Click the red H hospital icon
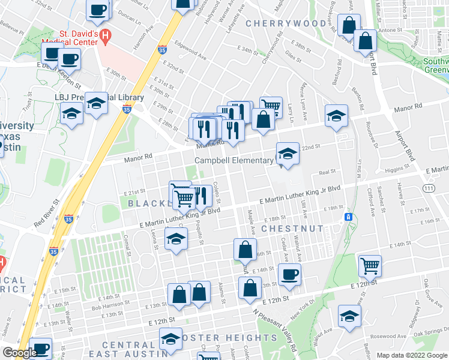(106, 36)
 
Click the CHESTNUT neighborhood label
(292, 229)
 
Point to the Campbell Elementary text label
(234, 161)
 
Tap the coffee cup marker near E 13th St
(289, 274)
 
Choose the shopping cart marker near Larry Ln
(271, 107)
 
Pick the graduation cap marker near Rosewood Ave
(349, 315)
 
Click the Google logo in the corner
(20, 353)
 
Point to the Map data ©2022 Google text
(411, 355)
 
